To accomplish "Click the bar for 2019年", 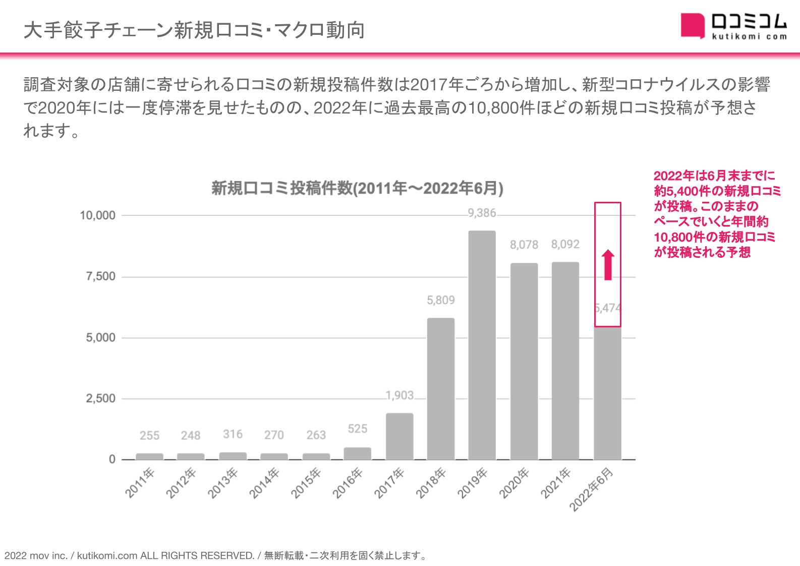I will (x=482, y=345).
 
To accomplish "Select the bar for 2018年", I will (x=440, y=388).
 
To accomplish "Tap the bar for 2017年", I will (x=399, y=436).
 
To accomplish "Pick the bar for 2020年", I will (x=524, y=361).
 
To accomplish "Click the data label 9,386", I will (x=482, y=213).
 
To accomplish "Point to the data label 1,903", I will (x=399, y=395).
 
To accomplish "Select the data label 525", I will (x=357, y=429).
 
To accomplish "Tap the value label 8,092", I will (x=565, y=244).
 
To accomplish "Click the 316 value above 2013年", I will (x=233, y=434).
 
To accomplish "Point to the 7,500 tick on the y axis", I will (x=100, y=276).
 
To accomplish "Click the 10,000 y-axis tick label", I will (x=97, y=215).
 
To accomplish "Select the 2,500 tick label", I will (x=100, y=399).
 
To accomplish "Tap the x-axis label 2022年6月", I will (x=592, y=489).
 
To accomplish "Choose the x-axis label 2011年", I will (x=140, y=483).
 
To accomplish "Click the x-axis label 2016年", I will (x=348, y=483).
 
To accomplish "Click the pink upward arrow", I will (x=608, y=265).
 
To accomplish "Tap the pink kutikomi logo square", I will (x=693, y=26).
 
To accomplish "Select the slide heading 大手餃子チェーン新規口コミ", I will (x=194, y=30).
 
